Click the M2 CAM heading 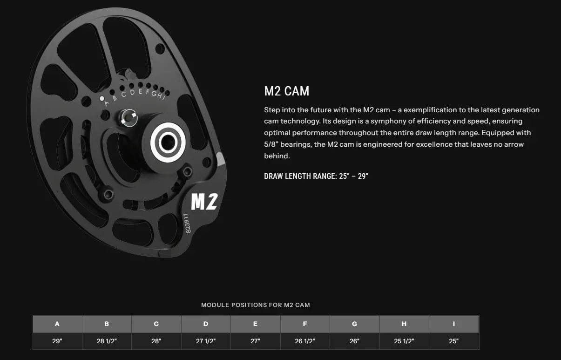(x=286, y=91)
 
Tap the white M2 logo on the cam (x=204, y=201)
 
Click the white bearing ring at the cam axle (x=168, y=143)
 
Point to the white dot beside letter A (x=102, y=99)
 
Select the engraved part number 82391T (x=187, y=224)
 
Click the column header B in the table (x=107, y=324)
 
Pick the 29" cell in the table (x=57, y=341)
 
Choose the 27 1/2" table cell (x=206, y=341)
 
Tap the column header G (x=354, y=324)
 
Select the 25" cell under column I (x=453, y=341)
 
